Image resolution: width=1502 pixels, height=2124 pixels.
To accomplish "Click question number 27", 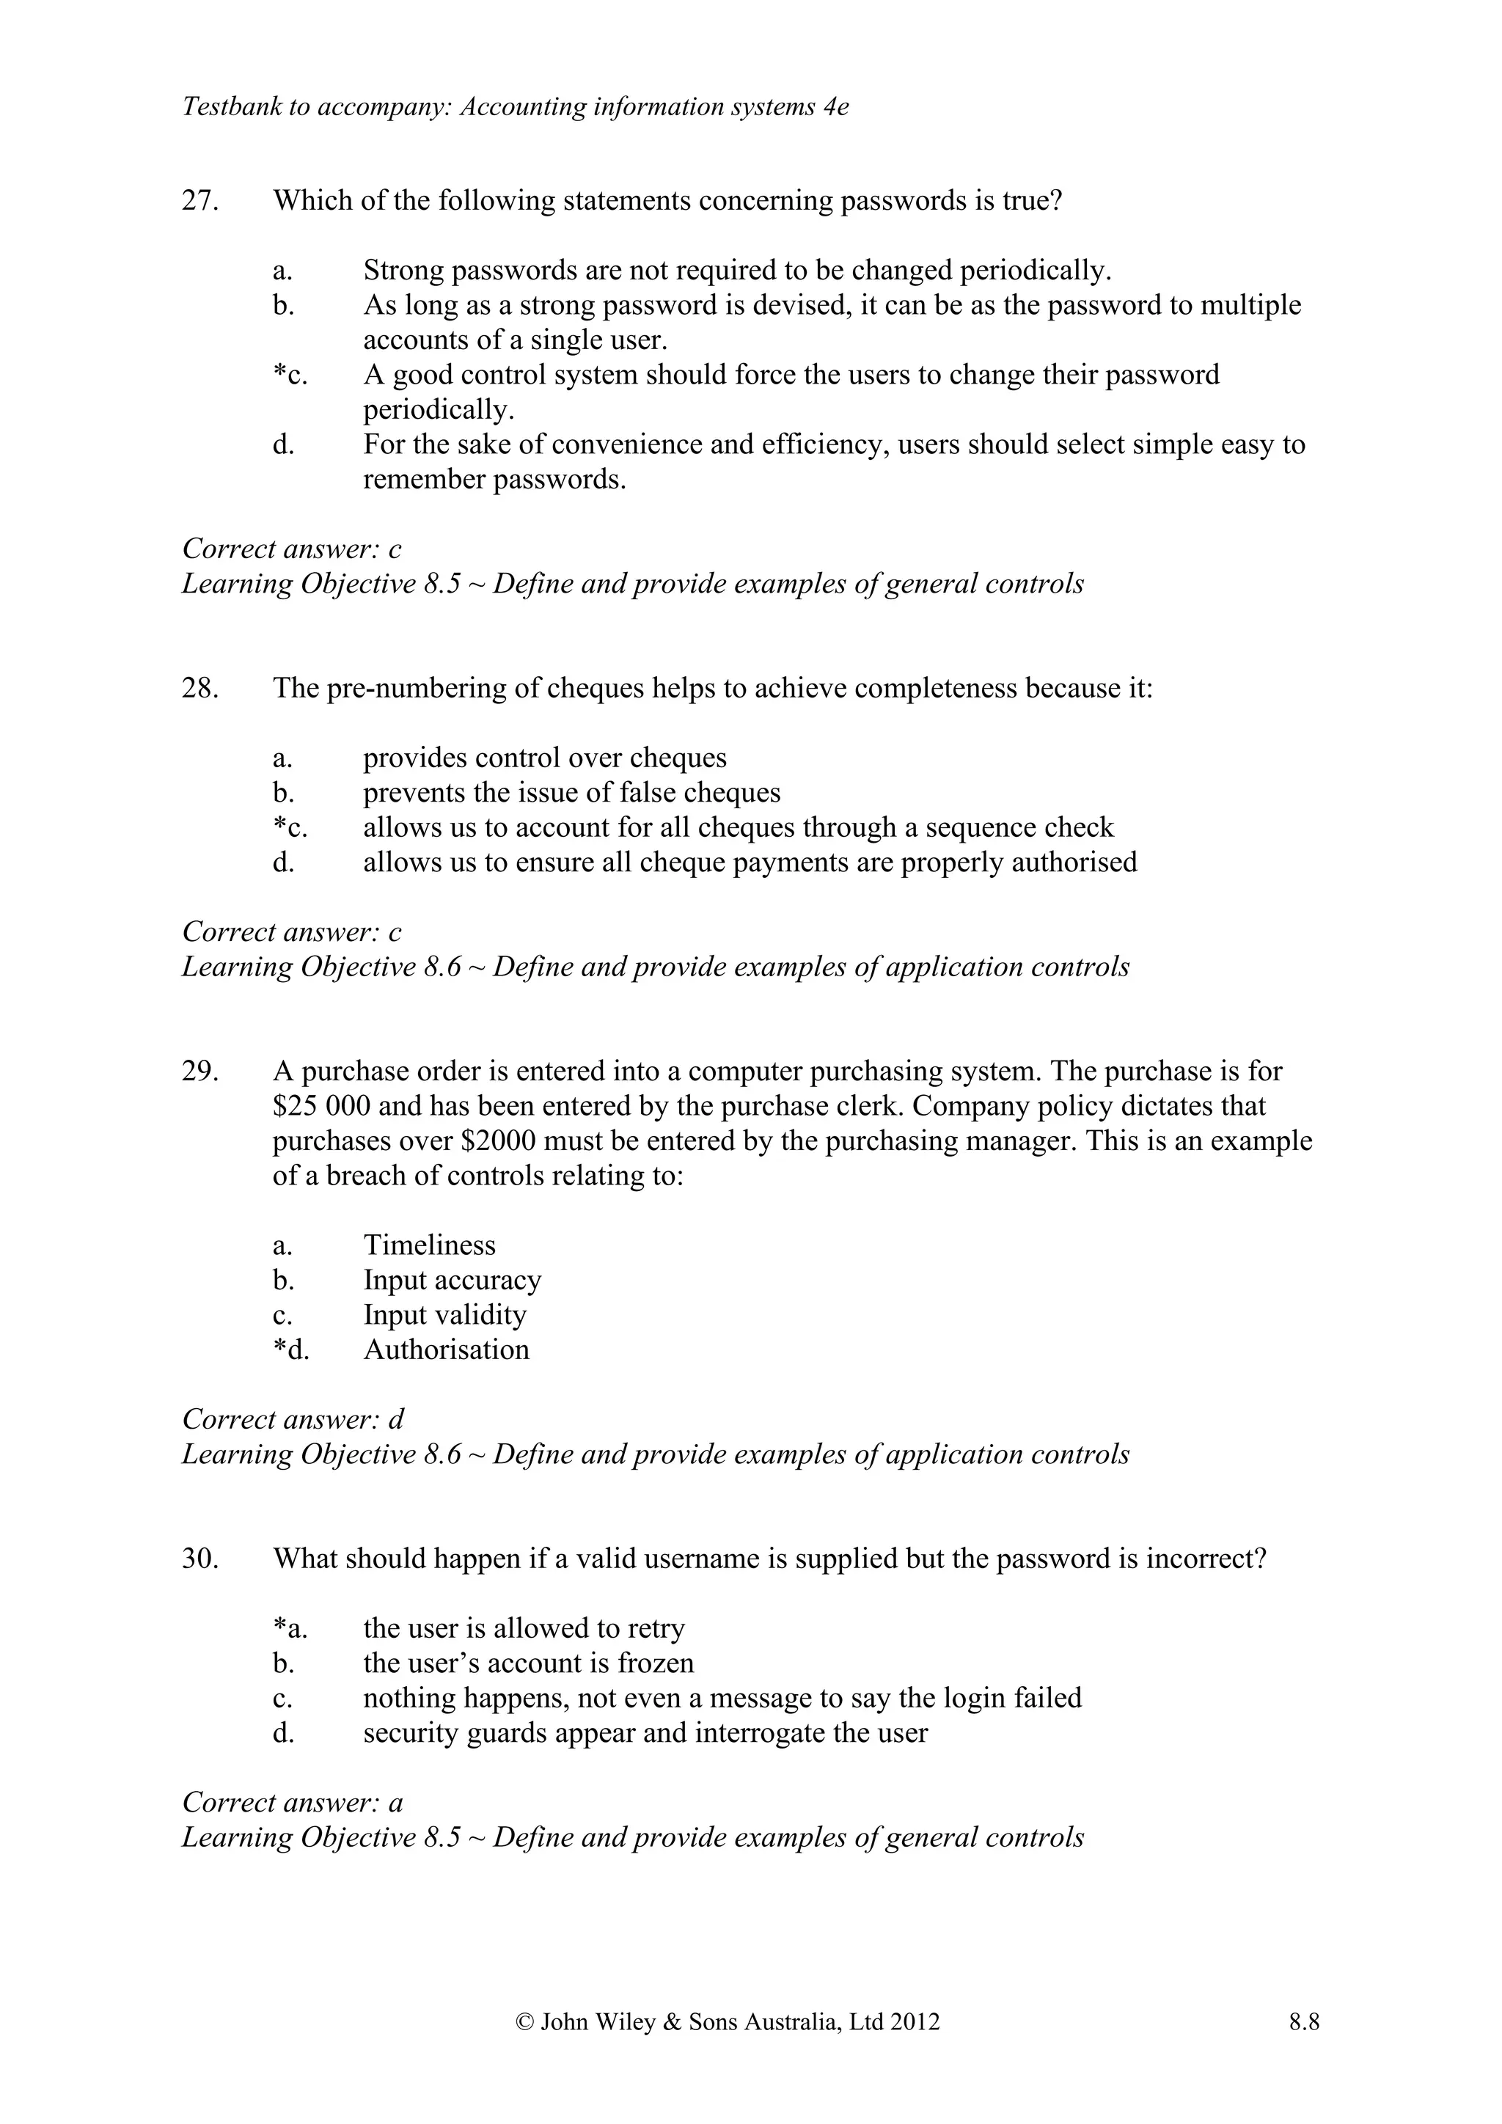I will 199,201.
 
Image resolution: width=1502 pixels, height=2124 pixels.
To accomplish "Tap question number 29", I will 199,1072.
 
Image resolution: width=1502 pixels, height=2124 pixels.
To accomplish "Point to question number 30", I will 199,1559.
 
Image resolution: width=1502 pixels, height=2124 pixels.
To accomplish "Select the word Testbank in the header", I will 231,107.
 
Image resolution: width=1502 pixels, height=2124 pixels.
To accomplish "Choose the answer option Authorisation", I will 446,1350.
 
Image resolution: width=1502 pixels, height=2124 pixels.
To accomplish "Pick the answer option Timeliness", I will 429,1245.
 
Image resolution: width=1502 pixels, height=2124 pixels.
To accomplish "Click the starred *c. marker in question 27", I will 290,376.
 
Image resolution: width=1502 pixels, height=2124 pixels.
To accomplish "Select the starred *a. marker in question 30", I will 290,1628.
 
